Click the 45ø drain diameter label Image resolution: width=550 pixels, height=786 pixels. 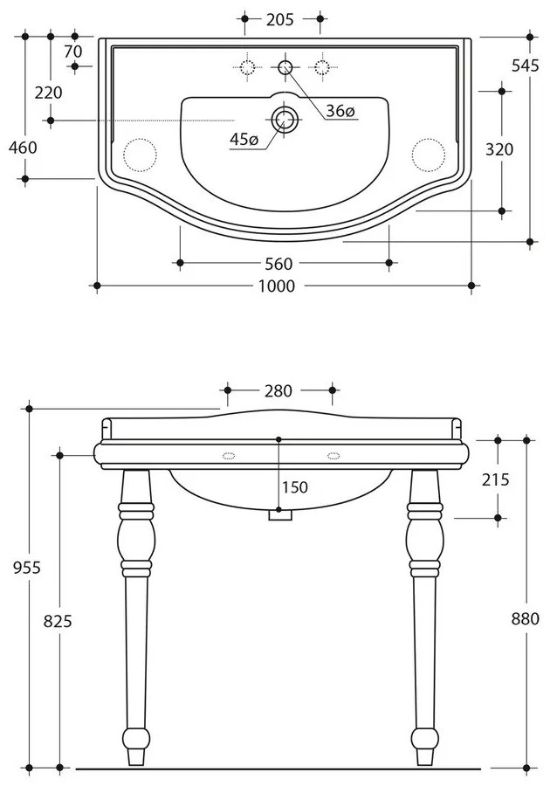click(x=244, y=140)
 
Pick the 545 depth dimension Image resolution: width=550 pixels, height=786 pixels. click(x=526, y=65)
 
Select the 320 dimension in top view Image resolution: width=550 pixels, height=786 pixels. click(x=498, y=149)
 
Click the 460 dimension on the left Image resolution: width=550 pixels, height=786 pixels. click(x=23, y=148)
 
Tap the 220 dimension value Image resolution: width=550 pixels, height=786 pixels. click(x=49, y=93)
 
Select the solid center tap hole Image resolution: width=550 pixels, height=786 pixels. click(x=285, y=66)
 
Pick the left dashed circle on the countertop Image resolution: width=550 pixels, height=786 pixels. click(x=139, y=154)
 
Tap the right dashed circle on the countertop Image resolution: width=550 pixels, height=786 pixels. click(x=427, y=154)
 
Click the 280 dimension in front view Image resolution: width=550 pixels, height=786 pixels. click(x=278, y=390)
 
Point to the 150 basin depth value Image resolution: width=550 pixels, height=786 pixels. click(x=294, y=487)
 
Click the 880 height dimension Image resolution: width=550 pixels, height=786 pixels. click(x=526, y=618)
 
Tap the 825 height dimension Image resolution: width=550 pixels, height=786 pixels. click(x=57, y=620)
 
